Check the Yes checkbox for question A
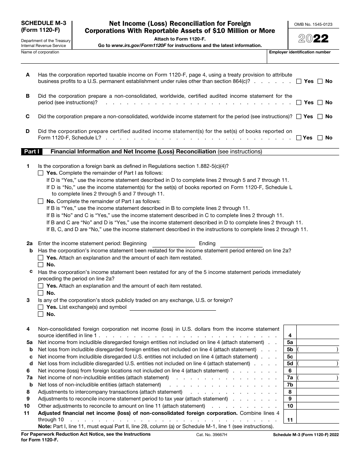[299, 81]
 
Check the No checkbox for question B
[320, 103]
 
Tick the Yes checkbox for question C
[299, 117]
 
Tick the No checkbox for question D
[320, 138]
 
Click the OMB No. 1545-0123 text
[313, 24]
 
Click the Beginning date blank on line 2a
[173, 244]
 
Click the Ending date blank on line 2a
[241, 244]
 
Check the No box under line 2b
[41, 265]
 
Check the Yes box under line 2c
[41, 286]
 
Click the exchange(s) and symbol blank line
[172, 307]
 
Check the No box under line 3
[41, 314]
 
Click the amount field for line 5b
[318, 350]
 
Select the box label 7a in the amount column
[290, 378]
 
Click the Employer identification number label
[300, 52]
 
